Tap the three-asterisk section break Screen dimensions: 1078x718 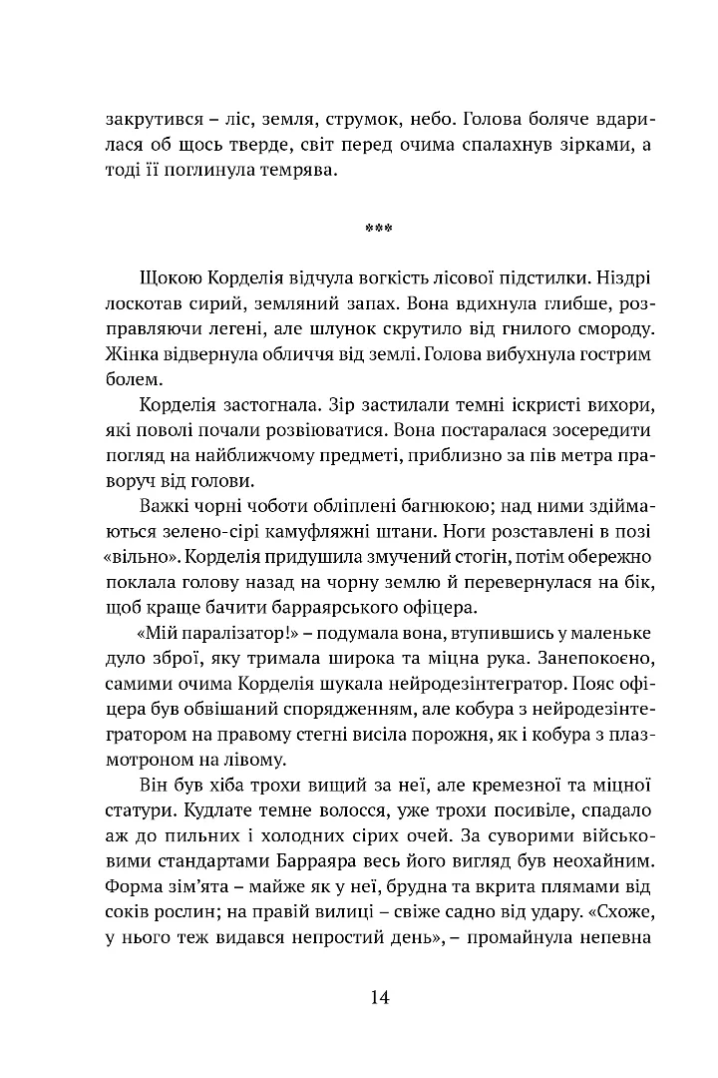point(379,229)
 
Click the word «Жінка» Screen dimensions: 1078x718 point(130,353)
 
